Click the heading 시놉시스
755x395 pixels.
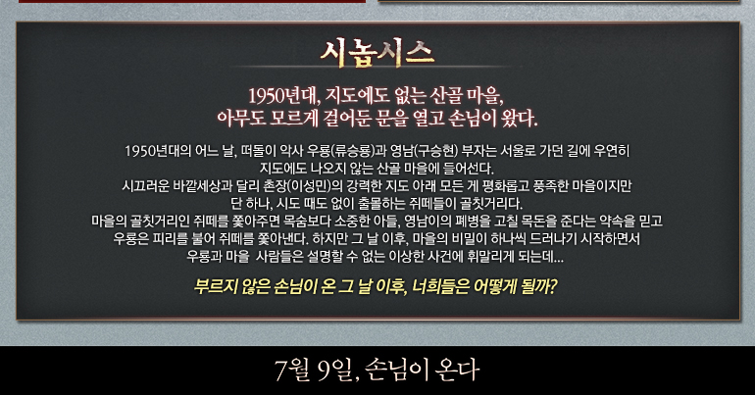[377, 53]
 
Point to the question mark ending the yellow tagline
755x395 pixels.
[553, 287]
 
